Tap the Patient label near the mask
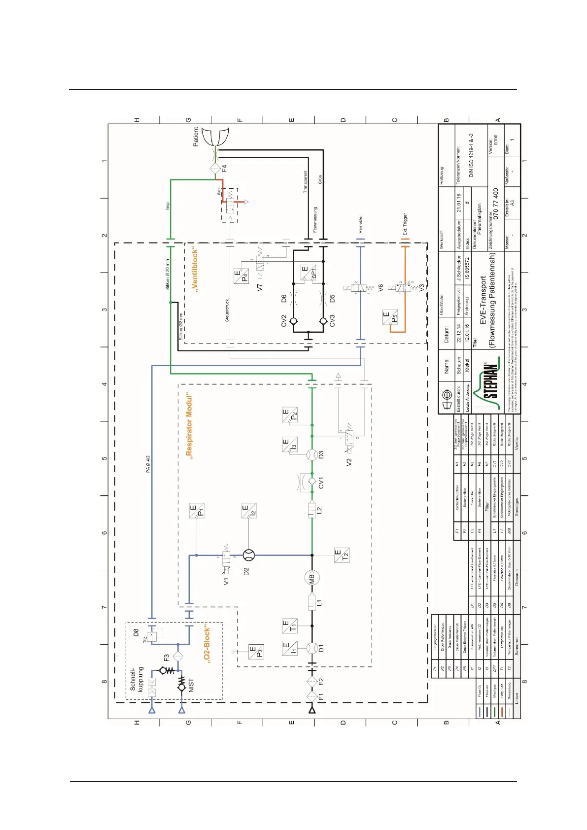196,136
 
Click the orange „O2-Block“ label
207,645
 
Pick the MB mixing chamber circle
312,578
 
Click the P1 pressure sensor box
197,511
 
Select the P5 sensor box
390,317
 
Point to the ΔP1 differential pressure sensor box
308,273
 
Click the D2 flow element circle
249,555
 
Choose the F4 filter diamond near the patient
215,168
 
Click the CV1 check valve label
321,483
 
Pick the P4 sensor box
241,276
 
